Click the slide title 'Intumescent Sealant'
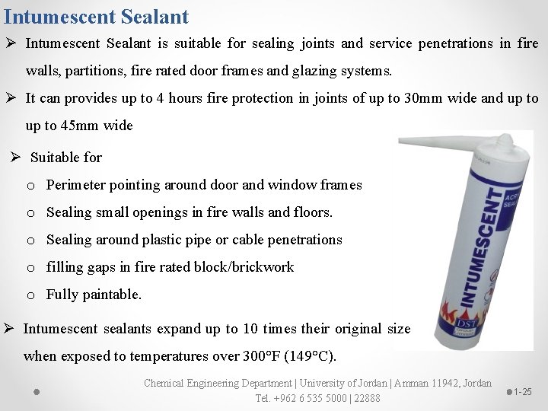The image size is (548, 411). (x=96, y=15)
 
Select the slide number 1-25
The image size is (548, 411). (x=522, y=392)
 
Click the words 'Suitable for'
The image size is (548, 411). (x=66, y=158)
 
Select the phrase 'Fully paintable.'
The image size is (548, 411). (x=94, y=295)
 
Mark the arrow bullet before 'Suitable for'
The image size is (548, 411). (x=15, y=158)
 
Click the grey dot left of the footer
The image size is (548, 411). (x=36, y=392)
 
